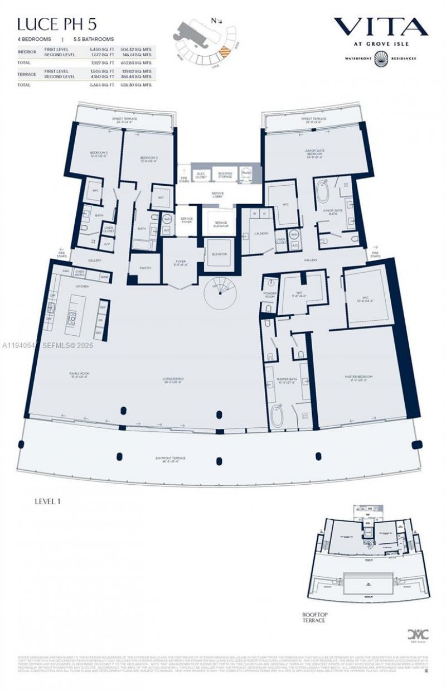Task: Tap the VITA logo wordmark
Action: click(380, 26)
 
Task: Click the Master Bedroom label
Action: click(358, 377)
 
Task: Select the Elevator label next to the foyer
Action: click(219, 254)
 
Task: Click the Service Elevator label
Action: click(221, 224)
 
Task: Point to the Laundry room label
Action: click(261, 233)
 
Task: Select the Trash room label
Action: click(246, 173)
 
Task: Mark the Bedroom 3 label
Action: click(99, 153)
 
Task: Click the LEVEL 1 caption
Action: click(47, 501)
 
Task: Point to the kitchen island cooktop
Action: click(72, 319)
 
